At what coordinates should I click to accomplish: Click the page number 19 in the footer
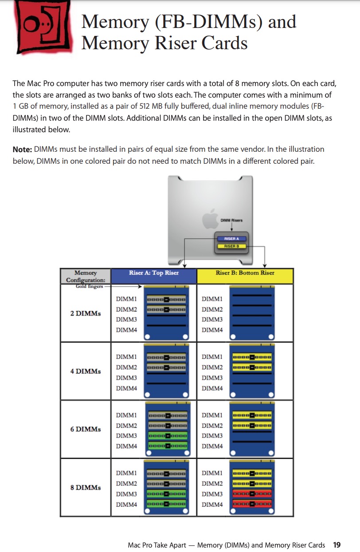(337, 545)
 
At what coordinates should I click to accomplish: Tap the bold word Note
(22, 150)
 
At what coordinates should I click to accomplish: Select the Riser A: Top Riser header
(153, 273)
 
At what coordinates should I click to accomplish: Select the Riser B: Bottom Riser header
(245, 273)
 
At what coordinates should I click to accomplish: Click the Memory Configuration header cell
(85, 276)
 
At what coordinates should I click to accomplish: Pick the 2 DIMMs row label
(85, 313)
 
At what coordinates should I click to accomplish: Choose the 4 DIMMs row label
(85, 371)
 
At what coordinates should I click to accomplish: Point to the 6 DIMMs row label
(85, 429)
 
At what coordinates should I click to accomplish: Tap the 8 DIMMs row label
(85, 487)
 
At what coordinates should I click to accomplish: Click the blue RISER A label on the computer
(231, 239)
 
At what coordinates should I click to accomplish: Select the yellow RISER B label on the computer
(231, 246)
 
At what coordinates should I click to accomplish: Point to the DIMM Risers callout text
(231, 220)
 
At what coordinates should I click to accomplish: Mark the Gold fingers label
(89, 287)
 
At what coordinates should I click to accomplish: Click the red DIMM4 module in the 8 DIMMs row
(252, 504)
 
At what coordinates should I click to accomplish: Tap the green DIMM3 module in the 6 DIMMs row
(167, 436)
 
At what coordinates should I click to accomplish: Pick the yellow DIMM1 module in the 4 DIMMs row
(252, 356)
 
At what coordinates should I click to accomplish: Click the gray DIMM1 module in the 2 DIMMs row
(167, 299)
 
